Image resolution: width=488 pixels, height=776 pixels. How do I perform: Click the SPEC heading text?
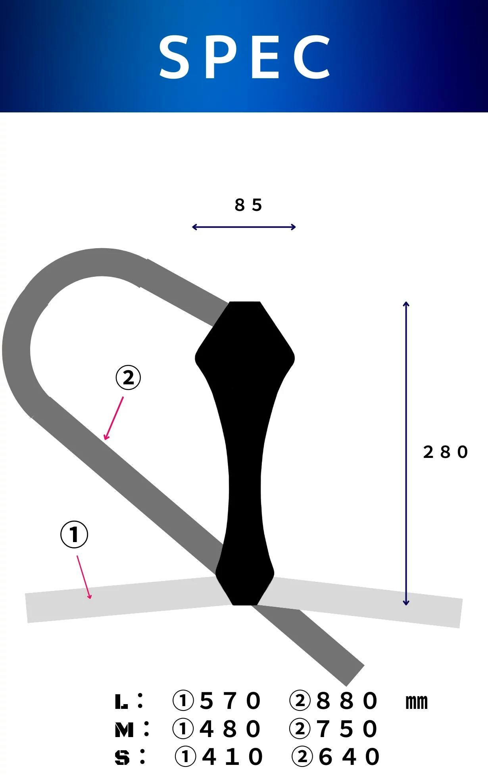[x=245, y=56]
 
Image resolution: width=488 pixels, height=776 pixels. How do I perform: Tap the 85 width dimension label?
[x=248, y=205]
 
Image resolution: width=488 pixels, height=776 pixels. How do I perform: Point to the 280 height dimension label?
[x=446, y=452]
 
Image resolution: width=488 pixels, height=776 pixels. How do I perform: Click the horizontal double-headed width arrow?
[x=244, y=227]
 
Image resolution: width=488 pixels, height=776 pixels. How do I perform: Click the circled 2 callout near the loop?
[x=128, y=378]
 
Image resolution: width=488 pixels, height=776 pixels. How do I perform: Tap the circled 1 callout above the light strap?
[x=74, y=535]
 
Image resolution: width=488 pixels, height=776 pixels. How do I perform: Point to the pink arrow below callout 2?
[x=113, y=418]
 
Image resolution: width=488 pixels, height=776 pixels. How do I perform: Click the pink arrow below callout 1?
[x=84, y=577]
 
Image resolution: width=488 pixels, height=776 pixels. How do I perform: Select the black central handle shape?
[x=245, y=453]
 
